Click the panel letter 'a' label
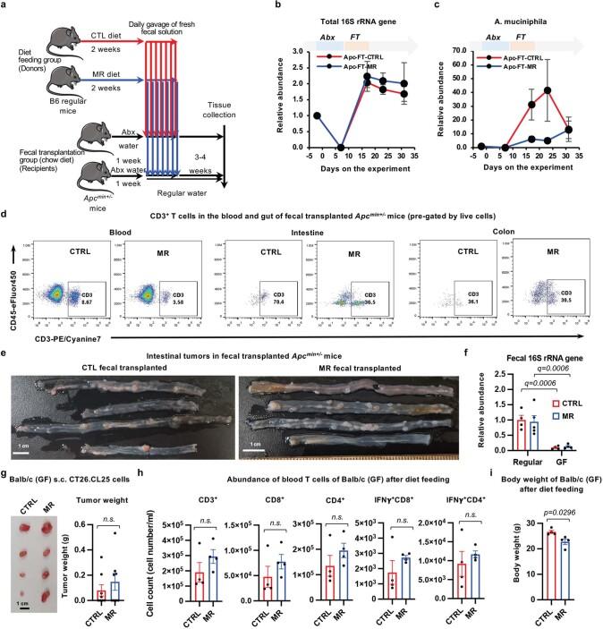coord(4,7)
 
